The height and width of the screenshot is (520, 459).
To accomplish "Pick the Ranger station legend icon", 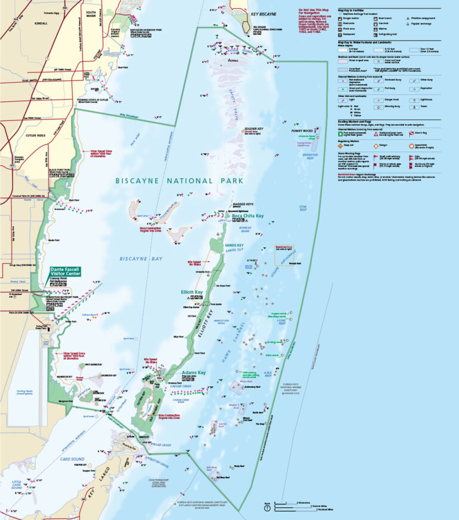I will pyautogui.click(x=341, y=19).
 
